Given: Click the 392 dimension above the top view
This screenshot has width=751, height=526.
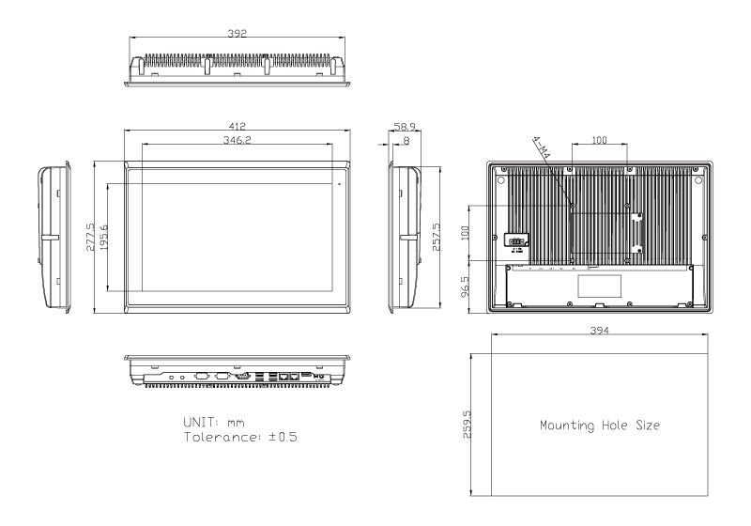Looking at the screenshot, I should point(238,33).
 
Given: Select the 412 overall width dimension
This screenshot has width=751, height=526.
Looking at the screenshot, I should point(238,125).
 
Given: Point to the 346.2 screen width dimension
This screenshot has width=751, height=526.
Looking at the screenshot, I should point(238,139).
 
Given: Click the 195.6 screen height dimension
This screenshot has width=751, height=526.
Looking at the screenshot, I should point(104,237).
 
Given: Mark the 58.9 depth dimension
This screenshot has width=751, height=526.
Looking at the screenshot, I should point(405,126).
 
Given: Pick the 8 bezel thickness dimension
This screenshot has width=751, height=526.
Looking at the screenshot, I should point(405,140).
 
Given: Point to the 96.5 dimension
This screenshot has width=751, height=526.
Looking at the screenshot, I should point(466,283).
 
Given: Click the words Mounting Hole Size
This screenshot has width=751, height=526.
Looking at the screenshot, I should point(600,425).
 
